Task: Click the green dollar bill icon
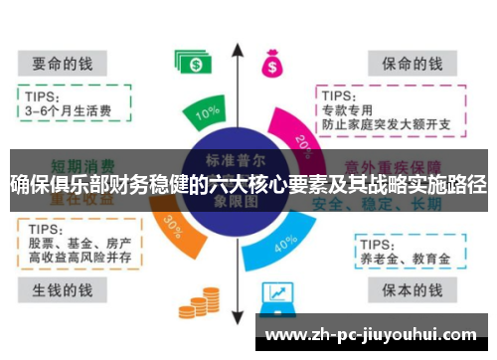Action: (193, 62)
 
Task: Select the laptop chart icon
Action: (278, 295)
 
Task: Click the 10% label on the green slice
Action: (207, 113)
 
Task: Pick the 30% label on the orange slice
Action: (171, 225)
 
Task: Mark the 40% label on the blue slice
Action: (284, 242)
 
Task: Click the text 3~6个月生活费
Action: (68, 110)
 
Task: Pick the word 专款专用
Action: (349, 108)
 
